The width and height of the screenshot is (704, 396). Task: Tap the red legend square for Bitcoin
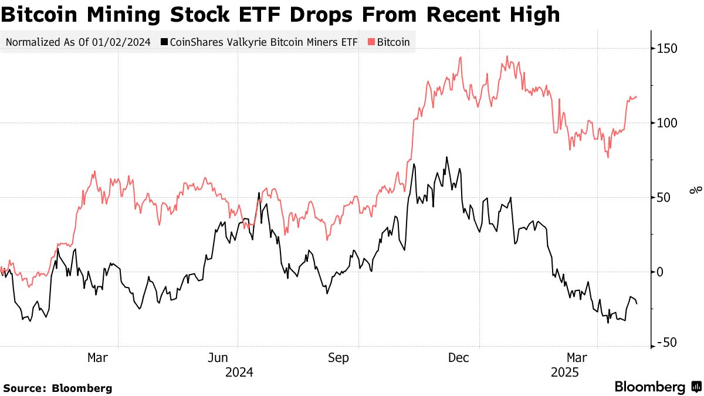click(x=371, y=42)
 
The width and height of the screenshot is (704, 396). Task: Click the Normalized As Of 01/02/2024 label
click(x=77, y=42)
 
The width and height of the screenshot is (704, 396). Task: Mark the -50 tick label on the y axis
click(x=667, y=343)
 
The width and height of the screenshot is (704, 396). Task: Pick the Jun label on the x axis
click(x=218, y=358)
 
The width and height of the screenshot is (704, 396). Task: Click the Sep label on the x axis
click(x=339, y=358)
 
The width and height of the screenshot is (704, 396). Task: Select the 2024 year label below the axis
click(x=239, y=373)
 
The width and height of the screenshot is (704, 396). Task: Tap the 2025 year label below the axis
click(x=564, y=373)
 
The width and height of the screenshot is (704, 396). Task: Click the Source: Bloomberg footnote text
click(x=57, y=388)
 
